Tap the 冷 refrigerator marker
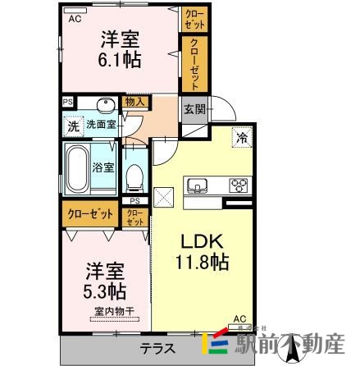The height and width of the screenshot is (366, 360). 244,139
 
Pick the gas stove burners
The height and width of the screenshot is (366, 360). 239,184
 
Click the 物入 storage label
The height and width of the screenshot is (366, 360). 135,102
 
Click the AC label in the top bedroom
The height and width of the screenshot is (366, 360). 75,17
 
